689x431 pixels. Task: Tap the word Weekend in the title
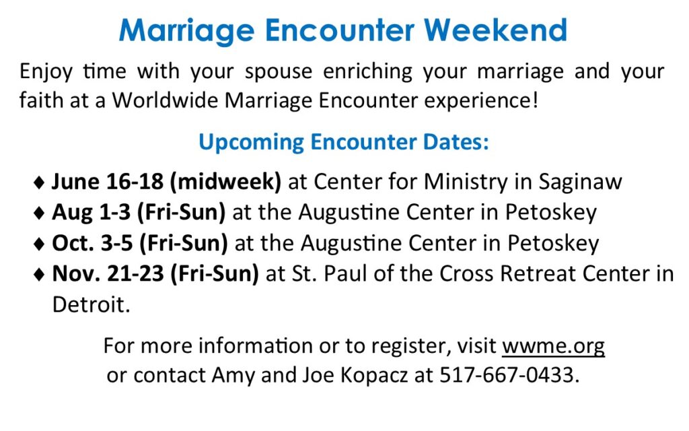495,30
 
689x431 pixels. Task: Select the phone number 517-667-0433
506,375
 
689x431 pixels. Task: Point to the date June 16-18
108,182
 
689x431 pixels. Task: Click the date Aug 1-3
92,213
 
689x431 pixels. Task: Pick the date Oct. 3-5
92,243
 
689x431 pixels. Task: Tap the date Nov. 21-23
108,273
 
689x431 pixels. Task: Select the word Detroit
91,304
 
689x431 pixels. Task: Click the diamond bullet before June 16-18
39,183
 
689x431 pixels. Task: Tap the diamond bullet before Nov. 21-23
39,275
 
